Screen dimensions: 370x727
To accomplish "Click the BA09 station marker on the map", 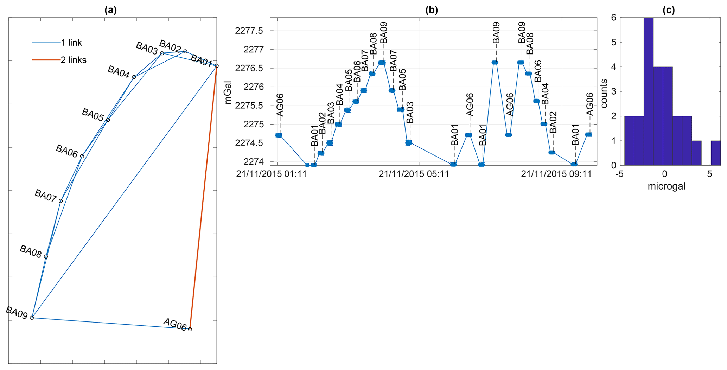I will coord(32,318).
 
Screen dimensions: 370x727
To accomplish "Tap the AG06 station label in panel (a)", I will coord(174,324).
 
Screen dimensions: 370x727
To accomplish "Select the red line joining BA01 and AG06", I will coord(203,197).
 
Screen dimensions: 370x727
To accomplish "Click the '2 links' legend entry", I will coord(73,60).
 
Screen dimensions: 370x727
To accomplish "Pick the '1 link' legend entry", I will coord(71,43).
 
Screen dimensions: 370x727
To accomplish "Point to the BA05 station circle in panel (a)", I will coord(108,120).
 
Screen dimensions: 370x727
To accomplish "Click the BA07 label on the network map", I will coord(45,196).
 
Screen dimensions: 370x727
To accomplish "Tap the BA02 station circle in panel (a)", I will coord(185,51).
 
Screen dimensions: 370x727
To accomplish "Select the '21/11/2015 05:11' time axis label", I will coord(414,174).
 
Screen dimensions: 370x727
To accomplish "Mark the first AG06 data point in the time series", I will coord(279,135).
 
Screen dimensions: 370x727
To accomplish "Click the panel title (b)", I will coord(432,10).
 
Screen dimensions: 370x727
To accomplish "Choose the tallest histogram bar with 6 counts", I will coord(649,91).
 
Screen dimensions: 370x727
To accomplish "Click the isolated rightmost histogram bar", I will coord(715,153).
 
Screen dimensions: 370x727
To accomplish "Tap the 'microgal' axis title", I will coord(667,186).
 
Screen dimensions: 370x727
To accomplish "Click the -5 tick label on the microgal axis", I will coord(620,174).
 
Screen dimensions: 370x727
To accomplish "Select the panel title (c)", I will coord(669,10).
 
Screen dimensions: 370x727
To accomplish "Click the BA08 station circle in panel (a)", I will coord(46,256).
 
